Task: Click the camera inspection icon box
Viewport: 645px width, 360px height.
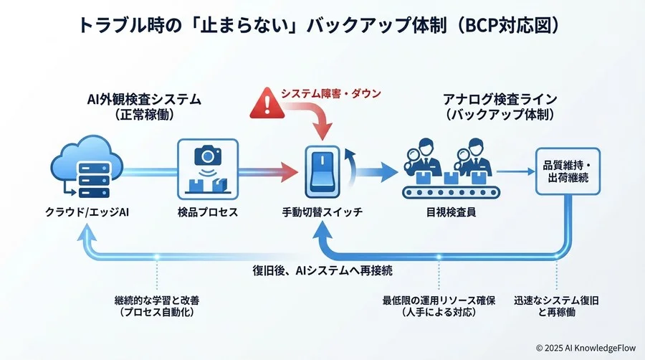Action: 207,169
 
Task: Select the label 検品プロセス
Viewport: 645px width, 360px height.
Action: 207,213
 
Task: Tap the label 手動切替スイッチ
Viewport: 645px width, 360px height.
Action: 322,213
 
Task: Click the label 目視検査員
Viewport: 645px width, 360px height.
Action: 449,213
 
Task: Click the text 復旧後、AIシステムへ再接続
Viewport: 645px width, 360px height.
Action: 322,270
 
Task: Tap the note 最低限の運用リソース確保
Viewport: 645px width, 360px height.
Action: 439,299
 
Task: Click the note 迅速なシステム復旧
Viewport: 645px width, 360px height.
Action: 556,299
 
